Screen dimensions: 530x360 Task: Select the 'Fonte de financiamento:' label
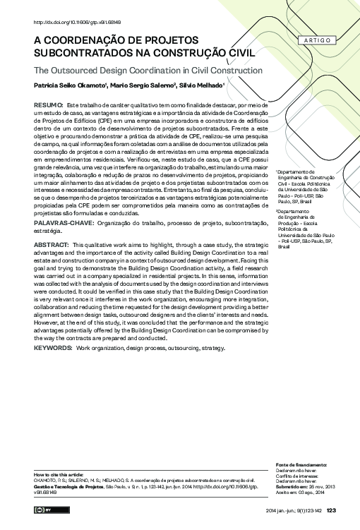[x=301, y=465]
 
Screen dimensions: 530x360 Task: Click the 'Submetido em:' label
[x=292, y=488]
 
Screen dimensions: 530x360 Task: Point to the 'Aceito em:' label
[x=288, y=493]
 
